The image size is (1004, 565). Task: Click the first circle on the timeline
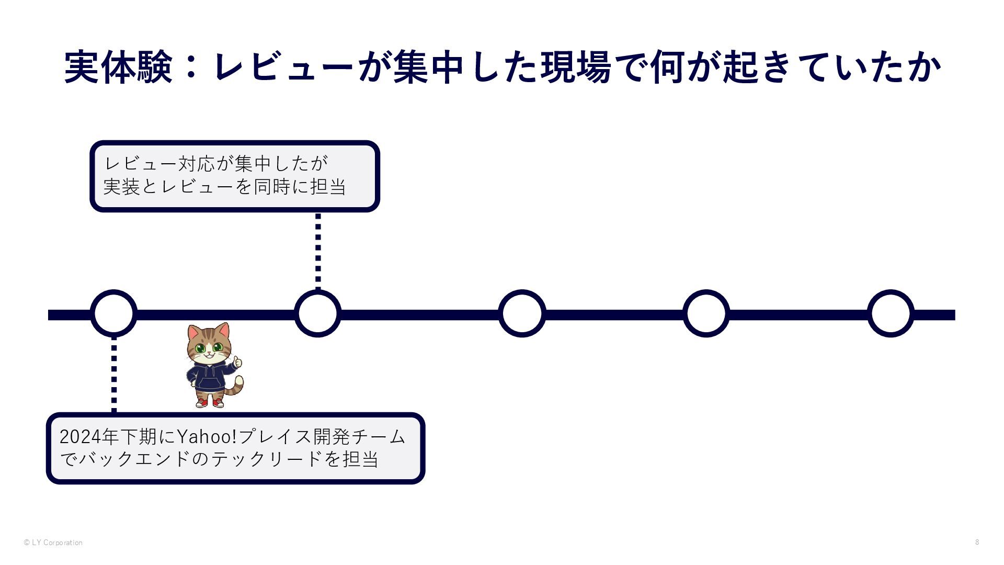pyautogui.click(x=114, y=313)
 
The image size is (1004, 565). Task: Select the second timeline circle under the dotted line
pyautogui.click(x=318, y=313)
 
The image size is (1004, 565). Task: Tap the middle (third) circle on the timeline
pyautogui.click(x=522, y=313)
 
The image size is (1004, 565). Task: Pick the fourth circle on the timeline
pyautogui.click(x=706, y=313)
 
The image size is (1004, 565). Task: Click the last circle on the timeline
pyautogui.click(x=891, y=313)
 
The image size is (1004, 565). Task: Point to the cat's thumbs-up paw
pyautogui.click(x=237, y=361)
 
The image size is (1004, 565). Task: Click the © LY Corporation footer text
pyautogui.click(x=53, y=543)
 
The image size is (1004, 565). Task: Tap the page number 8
pyautogui.click(x=977, y=542)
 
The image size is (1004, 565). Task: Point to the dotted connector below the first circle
pyautogui.click(x=114, y=375)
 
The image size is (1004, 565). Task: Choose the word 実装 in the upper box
pyautogui.click(x=121, y=187)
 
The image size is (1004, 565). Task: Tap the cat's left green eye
pyautogui.click(x=200, y=348)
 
